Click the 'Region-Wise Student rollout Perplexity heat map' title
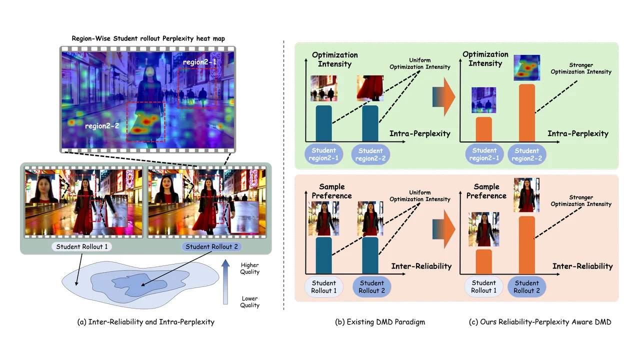click(148, 38)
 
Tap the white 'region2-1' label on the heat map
click(199, 62)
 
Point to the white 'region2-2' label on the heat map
click(102, 126)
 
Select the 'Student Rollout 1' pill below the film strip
click(81, 246)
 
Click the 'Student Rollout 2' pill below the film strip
click(211, 246)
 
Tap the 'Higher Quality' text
click(249, 268)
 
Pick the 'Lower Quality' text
click(249, 301)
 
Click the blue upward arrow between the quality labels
click(225, 281)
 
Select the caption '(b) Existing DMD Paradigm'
click(380, 322)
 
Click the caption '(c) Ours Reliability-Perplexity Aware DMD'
click(540, 322)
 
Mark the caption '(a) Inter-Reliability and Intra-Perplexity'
click(145, 322)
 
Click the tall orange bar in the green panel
click(527, 113)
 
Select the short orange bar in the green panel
click(483, 129)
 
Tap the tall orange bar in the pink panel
click(527, 245)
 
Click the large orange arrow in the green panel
click(443, 96)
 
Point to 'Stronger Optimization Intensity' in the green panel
click(581, 68)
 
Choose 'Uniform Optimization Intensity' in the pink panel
click(419, 196)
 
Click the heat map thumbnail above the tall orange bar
click(527, 67)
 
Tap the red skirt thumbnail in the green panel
click(370, 88)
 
